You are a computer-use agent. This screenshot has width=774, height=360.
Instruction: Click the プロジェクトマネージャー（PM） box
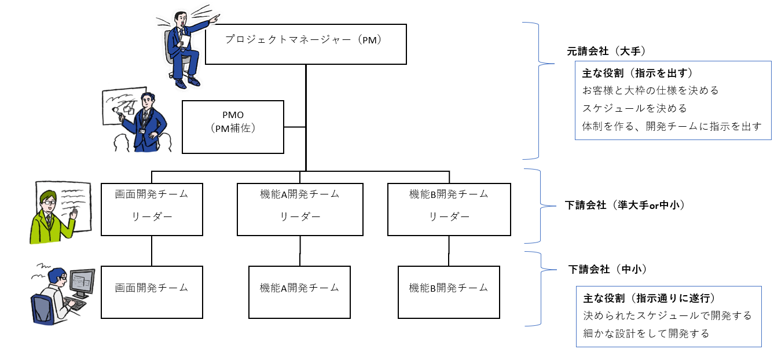click(306, 44)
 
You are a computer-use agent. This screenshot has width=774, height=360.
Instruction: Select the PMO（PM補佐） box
click(233, 127)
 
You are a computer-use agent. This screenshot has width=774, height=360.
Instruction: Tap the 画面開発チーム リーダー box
click(152, 209)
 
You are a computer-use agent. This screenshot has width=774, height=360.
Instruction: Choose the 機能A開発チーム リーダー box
click(300, 209)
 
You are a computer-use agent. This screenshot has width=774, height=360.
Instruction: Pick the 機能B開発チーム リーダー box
click(449, 209)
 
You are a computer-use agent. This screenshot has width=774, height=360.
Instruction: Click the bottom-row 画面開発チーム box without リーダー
click(152, 292)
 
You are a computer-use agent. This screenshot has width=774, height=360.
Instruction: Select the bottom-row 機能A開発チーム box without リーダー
click(299, 292)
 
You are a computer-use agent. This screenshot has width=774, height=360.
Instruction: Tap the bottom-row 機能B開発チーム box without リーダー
click(449, 292)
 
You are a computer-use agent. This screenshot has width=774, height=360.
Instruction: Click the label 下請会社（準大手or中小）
click(624, 205)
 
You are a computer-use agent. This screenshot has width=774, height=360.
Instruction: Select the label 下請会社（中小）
click(607, 269)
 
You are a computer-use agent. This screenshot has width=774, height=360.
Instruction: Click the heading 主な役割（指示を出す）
click(637, 74)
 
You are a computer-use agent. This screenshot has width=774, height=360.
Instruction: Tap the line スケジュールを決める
click(634, 108)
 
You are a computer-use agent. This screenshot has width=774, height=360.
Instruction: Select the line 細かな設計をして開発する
click(645, 333)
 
